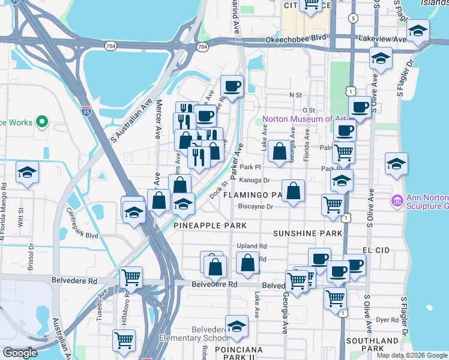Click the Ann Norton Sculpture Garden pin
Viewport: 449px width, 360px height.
coord(397,199)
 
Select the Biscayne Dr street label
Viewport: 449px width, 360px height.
coord(255,207)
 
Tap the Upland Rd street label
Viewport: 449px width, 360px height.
coord(252,246)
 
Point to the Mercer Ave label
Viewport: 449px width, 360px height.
coord(158,123)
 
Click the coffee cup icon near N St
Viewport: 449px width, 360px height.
coord(231,86)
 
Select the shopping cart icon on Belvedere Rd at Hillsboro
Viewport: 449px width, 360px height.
coord(131,277)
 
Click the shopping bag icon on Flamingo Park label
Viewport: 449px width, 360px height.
coord(293,192)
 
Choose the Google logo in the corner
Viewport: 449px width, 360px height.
coord(20,353)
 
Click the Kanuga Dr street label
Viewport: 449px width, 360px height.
coord(256,180)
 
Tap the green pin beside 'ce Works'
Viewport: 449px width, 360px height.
coord(41,122)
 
